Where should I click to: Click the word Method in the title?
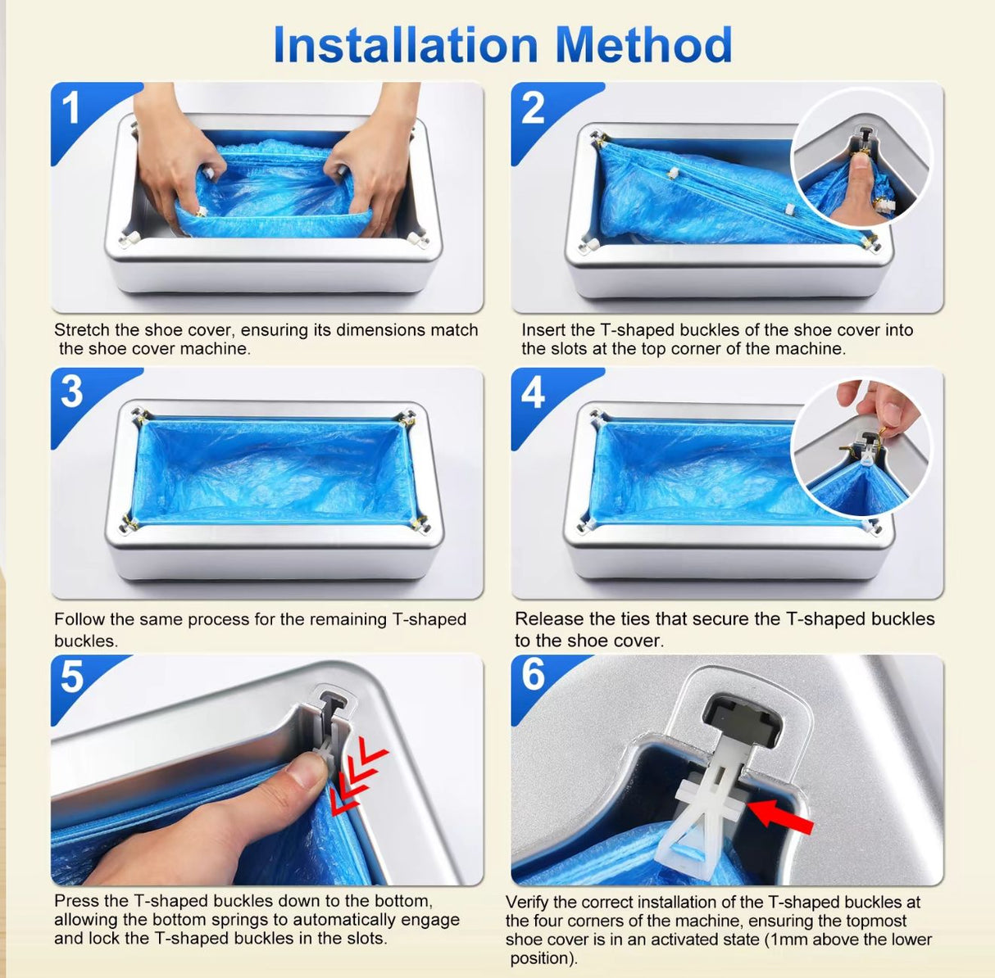(644, 45)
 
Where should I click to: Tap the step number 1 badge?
(72, 108)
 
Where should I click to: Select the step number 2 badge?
(533, 108)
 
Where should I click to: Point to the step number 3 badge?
(72, 392)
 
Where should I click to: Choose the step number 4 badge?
(533, 392)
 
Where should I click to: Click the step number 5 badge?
(72, 677)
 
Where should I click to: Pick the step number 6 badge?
(533, 675)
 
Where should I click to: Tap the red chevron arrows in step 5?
(358, 777)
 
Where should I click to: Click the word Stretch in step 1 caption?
(81, 330)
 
